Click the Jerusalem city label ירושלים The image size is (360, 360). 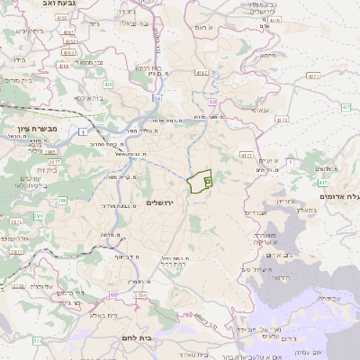click(164, 203)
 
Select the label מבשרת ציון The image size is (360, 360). click(37, 130)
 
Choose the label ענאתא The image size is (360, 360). click(260, 111)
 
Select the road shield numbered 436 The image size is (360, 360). click(108, 85)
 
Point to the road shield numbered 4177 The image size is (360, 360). click(246, 155)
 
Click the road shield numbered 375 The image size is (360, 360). click(37, 341)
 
